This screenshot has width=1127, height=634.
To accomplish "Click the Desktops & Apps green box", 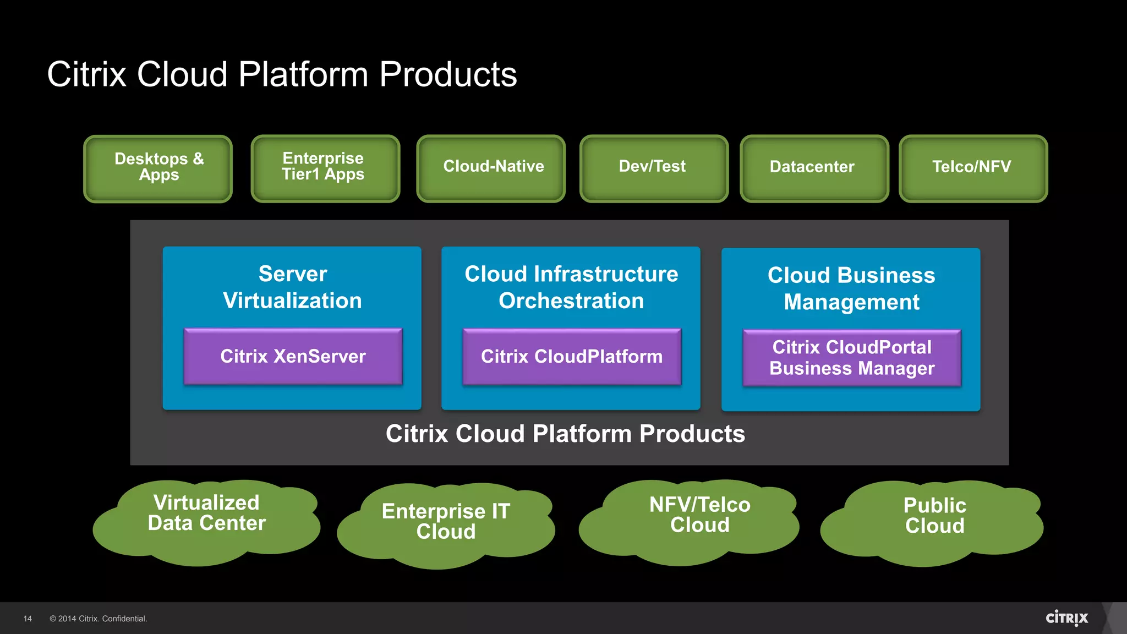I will (158, 168).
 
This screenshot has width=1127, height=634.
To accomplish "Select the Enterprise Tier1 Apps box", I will (325, 168).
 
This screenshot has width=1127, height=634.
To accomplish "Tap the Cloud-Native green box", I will (491, 168).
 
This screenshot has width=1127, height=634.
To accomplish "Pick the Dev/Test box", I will (653, 168).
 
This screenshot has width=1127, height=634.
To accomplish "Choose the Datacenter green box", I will (814, 168).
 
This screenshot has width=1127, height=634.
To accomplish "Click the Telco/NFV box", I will (973, 168).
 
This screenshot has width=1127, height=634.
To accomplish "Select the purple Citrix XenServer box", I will (293, 357).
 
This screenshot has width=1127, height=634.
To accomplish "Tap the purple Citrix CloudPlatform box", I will (572, 357).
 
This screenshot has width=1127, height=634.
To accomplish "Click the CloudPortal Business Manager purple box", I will (852, 358).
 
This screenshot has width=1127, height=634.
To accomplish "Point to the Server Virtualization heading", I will (292, 287).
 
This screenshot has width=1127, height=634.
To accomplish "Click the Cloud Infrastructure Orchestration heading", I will (571, 287).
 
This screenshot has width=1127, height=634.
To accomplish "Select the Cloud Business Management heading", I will (851, 288).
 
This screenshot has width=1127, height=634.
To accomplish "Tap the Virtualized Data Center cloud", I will (206, 520).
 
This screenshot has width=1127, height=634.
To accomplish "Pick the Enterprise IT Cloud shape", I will (446, 523).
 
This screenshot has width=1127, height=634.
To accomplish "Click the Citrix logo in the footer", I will (1066, 618).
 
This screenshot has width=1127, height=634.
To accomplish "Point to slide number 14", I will (28, 619).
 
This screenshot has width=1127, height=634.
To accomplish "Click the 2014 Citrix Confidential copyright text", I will (99, 619).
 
